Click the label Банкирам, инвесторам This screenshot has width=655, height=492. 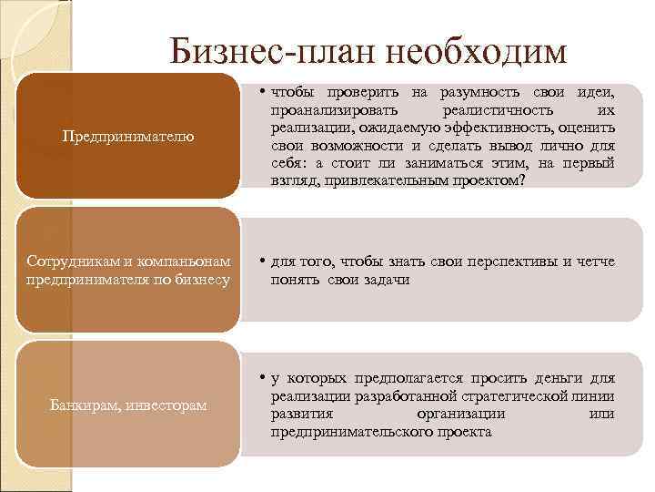pos(128,404)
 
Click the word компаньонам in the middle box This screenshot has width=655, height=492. pos(187,261)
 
